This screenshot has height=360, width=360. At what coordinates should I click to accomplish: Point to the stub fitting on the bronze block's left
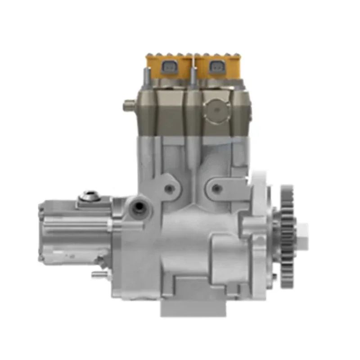point(128,107)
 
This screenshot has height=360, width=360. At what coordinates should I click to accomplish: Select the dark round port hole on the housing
point(140,207)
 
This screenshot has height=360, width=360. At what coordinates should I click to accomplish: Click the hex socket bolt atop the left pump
point(88,196)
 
